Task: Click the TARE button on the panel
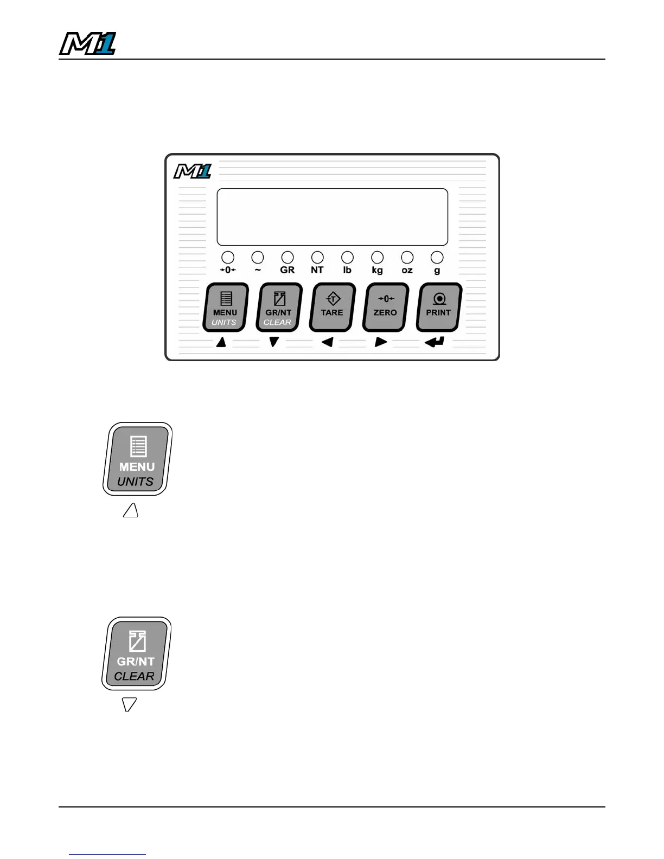point(332,307)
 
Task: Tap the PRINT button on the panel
point(438,307)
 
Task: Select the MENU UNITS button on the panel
point(226,307)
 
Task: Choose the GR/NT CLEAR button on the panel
point(278,307)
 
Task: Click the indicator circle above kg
point(377,257)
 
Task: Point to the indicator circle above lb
point(347,257)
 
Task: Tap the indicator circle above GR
point(288,257)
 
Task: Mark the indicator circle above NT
point(317,257)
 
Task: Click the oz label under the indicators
point(407,270)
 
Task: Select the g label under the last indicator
point(437,271)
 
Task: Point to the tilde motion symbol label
point(258,270)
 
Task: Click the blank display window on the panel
point(332,217)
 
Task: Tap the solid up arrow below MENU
point(221,342)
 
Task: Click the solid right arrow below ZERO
point(381,342)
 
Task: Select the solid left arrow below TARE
point(327,342)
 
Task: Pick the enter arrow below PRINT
point(435,342)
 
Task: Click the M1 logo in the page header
point(87,44)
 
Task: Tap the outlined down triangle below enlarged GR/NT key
point(129,704)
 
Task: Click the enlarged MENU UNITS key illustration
point(137,459)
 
